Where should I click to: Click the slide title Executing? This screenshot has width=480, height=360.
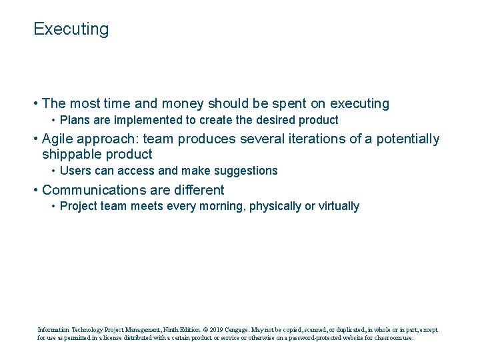71,29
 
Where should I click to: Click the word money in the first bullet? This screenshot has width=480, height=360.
183,104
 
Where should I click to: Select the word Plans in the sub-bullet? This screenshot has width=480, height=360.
73,121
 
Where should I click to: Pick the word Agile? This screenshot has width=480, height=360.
59,139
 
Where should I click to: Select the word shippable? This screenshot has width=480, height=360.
71,155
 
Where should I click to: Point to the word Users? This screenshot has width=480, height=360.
74,171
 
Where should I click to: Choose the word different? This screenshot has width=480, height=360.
197,190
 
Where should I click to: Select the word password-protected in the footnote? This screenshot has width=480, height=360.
319,338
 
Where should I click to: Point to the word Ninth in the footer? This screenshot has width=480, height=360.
170,329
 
